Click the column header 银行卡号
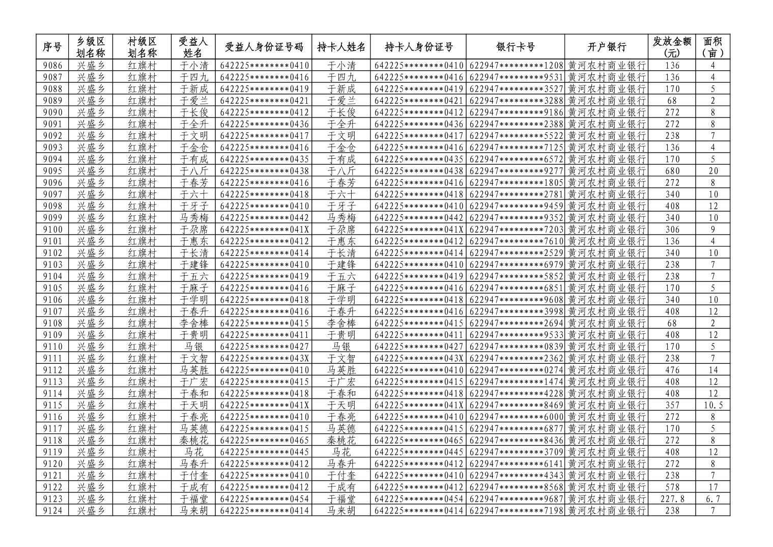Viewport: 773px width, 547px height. (x=515, y=47)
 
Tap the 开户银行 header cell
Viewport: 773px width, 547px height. (x=606, y=47)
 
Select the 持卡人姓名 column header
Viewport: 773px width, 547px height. (x=341, y=47)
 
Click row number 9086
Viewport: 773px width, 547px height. (x=53, y=66)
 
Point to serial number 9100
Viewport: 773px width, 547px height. (x=53, y=229)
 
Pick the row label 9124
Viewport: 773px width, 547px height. (x=53, y=510)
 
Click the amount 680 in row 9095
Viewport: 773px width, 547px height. (x=672, y=171)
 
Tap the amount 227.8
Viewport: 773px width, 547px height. (x=672, y=499)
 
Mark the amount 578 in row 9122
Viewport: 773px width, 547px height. (x=672, y=487)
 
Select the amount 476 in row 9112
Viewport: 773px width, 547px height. (x=672, y=370)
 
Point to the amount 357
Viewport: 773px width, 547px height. (x=672, y=405)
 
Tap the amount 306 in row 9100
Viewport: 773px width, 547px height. (x=672, y=229)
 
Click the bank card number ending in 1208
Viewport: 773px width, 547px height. (x=516, y=66)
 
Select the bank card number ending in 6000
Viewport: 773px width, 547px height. (x=516, y=417)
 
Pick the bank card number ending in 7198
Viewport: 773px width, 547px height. (x=516, y=510)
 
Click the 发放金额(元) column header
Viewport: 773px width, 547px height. (x=672, y=47)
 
